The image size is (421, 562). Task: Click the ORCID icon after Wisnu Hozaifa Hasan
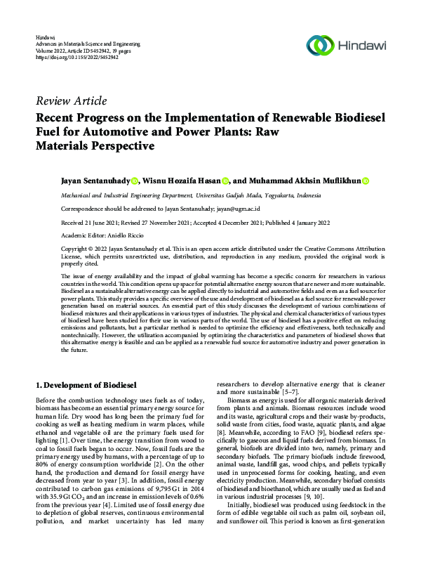pyautogui.click(x=225, y=181)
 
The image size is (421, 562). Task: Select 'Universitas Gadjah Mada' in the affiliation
pyautogui.click(x=240, y=195)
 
